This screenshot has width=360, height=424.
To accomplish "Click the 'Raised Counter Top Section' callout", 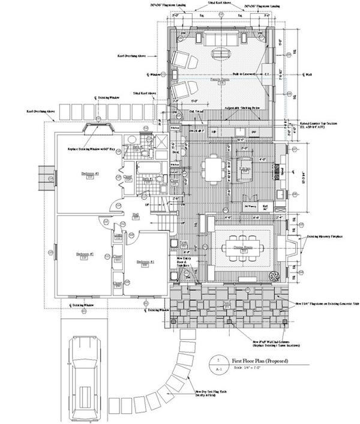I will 323,125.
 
